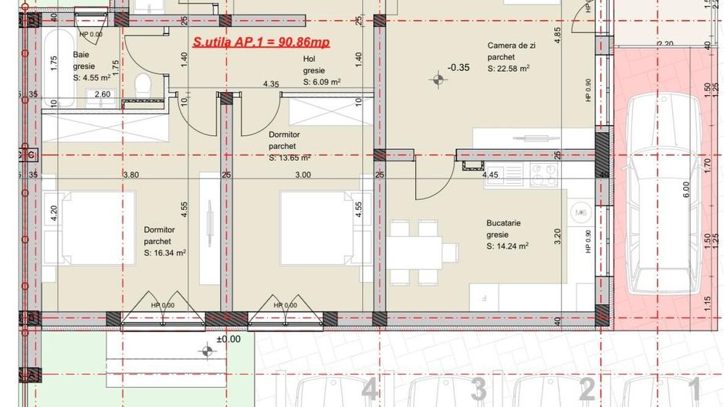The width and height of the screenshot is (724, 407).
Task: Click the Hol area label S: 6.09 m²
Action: [x=322, y=81]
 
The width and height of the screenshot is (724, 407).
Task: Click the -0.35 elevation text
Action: [x=458, y=67]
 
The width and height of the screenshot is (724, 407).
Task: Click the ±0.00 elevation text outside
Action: [x=228, y=338]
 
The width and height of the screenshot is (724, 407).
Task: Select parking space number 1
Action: [x=694, y=388]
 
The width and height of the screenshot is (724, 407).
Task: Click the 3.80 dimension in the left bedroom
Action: [x=130, y=175]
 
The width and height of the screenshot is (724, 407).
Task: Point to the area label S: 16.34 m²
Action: [x=165, y=252]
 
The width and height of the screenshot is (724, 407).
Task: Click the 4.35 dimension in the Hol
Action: [x=271, y=83]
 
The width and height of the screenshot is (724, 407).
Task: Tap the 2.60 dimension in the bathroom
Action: [x=103, y=95]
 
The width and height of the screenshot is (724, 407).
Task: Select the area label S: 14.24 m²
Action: [x=507, y=246]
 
